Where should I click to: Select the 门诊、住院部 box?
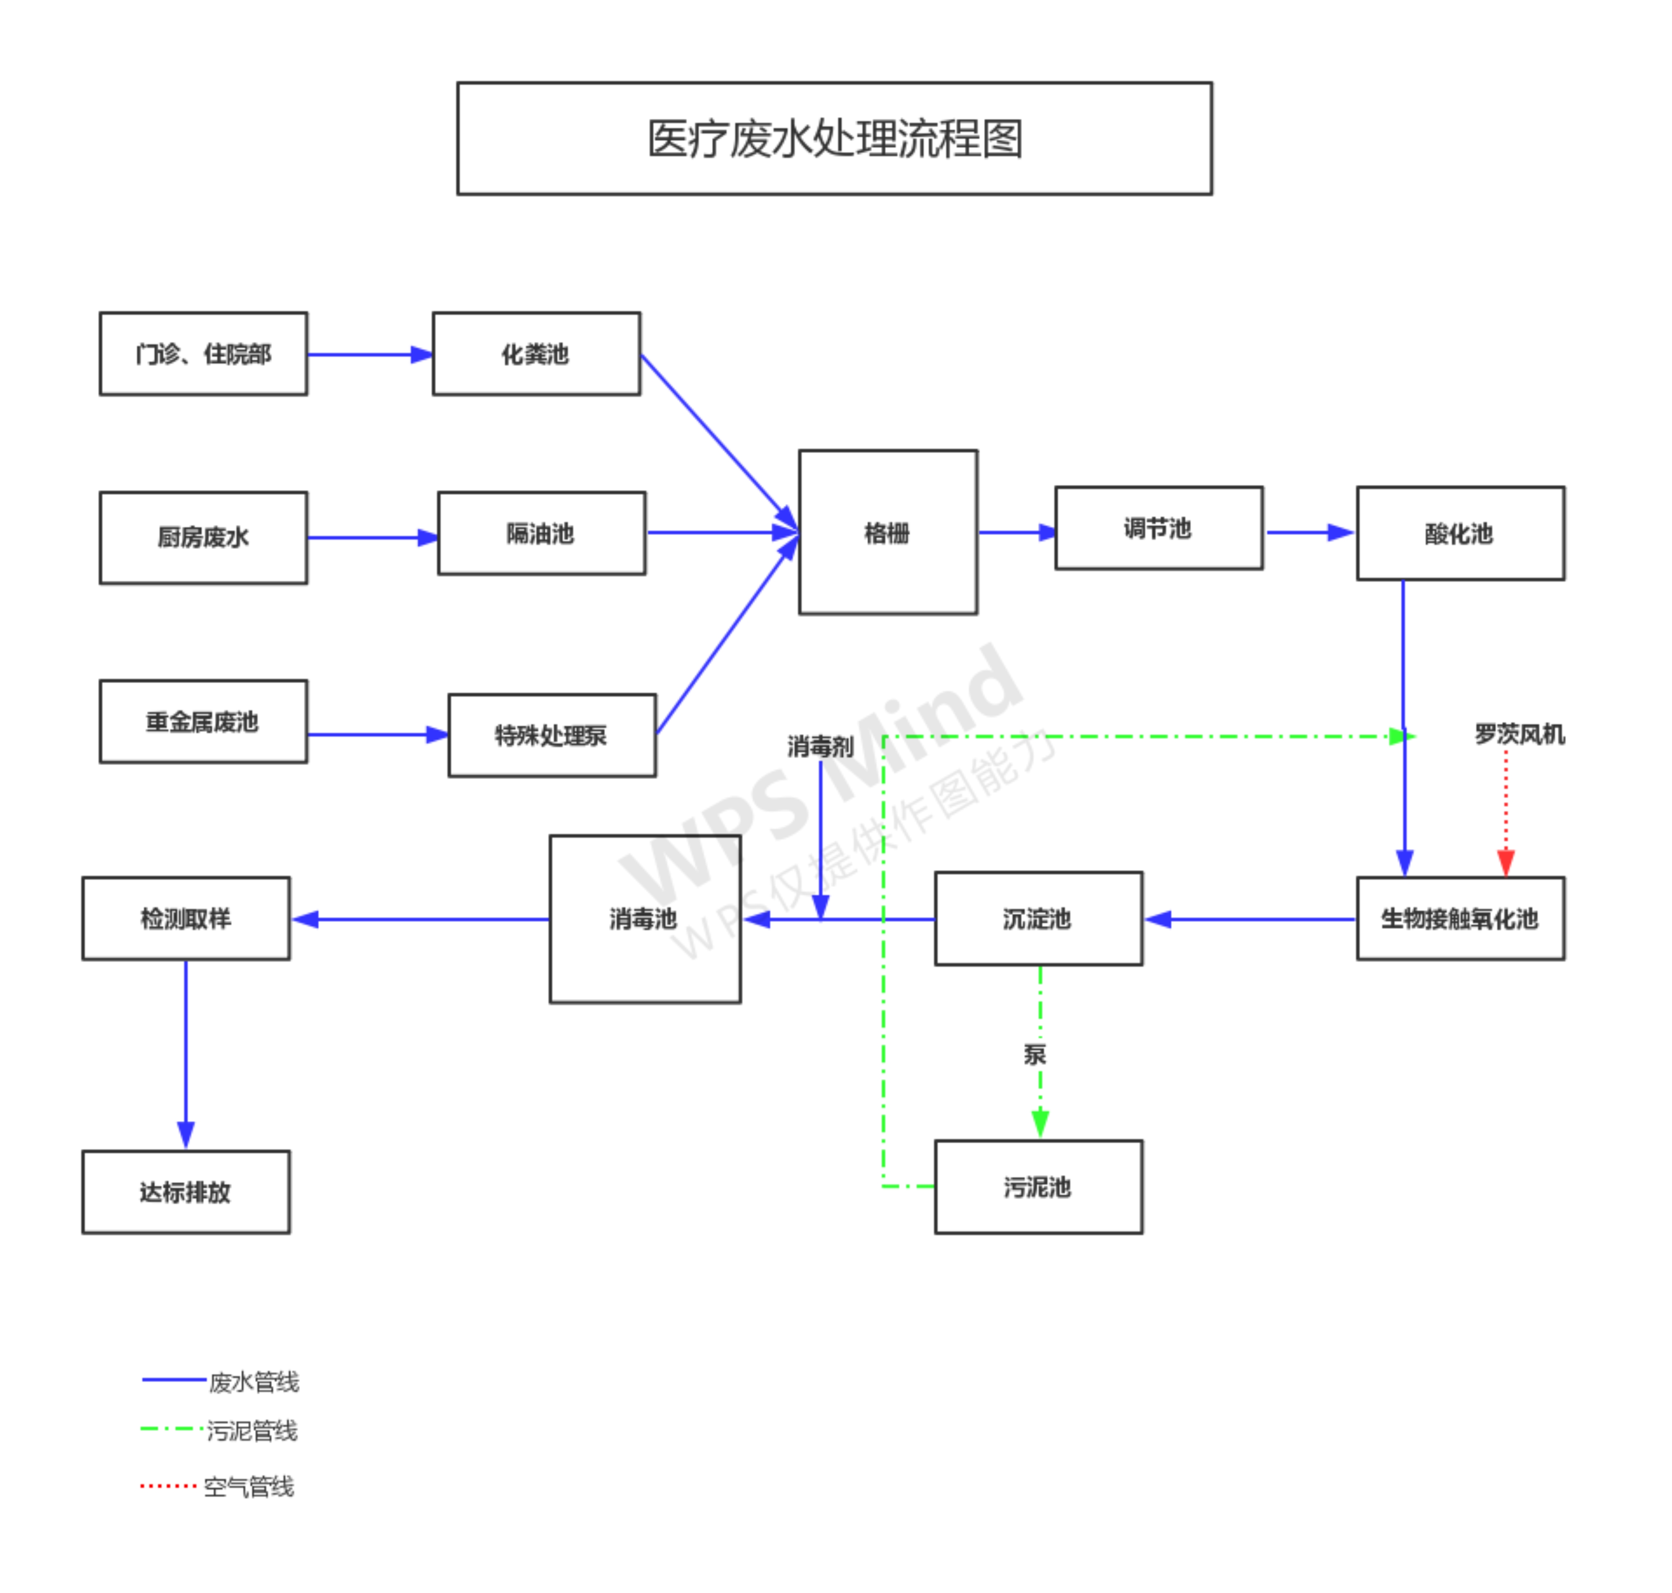pos(203,353)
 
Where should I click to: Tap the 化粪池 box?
pos(536,353)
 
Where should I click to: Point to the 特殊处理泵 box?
pos(551,735)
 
